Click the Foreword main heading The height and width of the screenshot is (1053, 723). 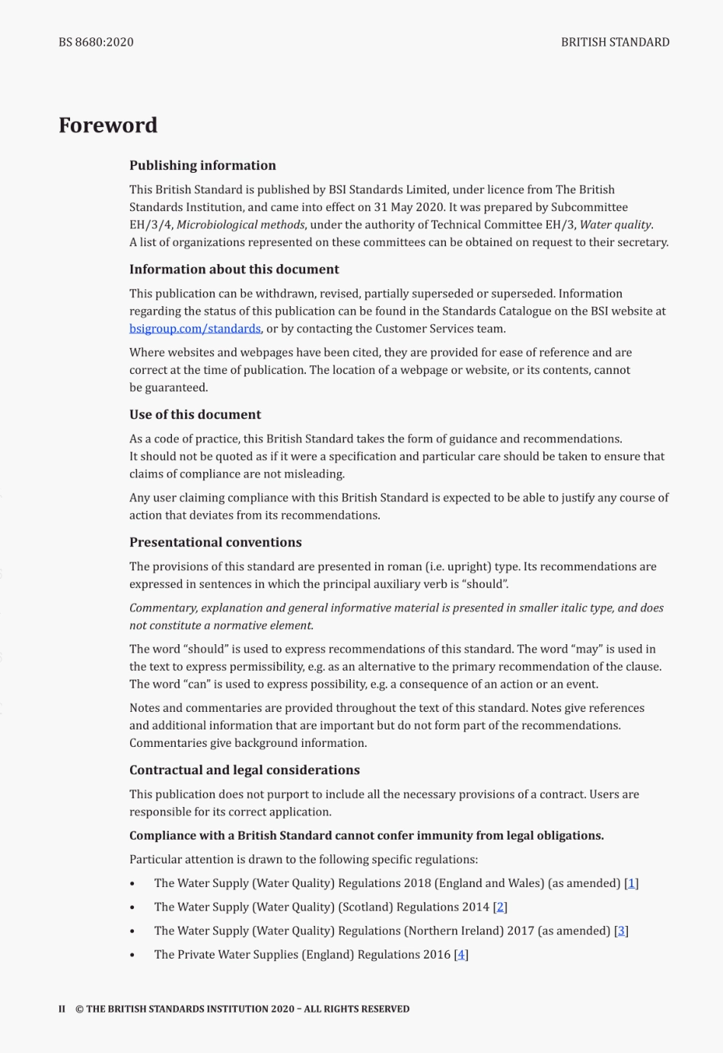(108, 125)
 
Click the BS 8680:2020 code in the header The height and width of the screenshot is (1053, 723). (96, 42)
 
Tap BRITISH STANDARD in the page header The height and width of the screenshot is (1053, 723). (615, 42)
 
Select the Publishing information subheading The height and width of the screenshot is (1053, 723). (202, 165)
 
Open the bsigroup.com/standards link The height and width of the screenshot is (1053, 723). (195, 329)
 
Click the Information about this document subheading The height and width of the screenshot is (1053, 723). (234, 270)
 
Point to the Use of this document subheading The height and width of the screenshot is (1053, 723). (195, 415)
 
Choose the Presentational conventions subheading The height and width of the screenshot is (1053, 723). (215, 543)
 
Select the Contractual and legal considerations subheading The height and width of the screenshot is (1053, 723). (244, 771)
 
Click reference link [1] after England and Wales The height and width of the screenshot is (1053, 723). (632, 883)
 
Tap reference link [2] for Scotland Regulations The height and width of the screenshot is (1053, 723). (500, 907)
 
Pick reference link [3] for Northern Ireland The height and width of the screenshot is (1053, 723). (621, 930)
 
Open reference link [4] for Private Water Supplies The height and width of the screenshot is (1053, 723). (461, 954)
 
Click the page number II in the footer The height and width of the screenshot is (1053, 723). (62, 1009)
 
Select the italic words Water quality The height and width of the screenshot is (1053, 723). (615, 225)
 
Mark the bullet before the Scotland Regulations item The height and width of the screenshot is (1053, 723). (132, 908)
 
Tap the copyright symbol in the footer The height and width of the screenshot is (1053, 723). (79, 1009)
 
